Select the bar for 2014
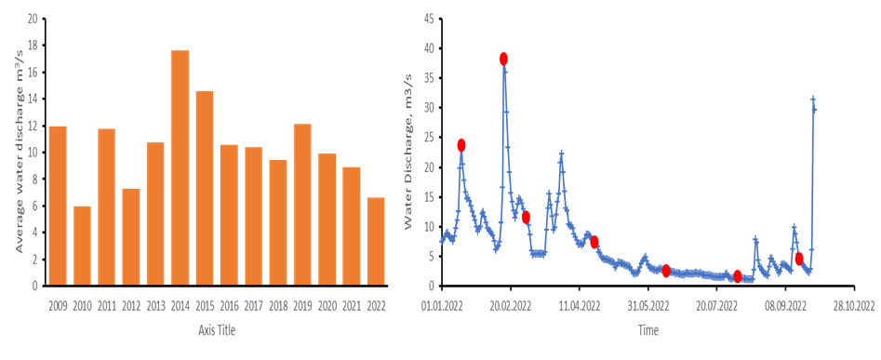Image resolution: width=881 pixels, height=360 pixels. [180, 167]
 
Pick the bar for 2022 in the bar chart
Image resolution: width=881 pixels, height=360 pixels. [376, 241]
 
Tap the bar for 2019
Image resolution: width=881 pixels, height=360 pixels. [302, 204]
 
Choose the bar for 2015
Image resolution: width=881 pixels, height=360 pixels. [205, 187]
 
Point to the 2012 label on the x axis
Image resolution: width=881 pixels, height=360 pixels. [131, 303]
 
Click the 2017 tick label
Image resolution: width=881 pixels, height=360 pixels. [253, 303]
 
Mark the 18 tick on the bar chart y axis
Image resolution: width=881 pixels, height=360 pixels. [33, 45]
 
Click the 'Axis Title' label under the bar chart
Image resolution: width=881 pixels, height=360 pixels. [217, 330]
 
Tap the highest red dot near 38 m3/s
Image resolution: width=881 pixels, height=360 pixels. [503, 59]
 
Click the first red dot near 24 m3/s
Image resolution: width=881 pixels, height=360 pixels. [461, 145]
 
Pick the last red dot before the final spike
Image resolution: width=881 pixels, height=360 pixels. [799, 259]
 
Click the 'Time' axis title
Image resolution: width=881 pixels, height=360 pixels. [647, 330]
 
